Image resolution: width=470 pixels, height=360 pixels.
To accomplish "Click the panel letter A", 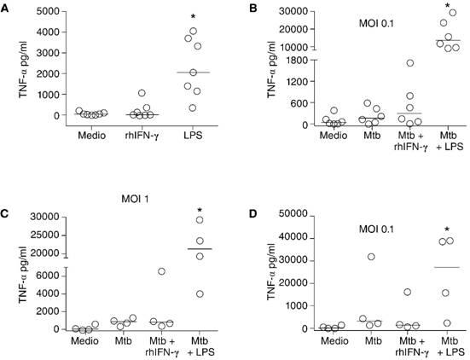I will (x=8, y=8).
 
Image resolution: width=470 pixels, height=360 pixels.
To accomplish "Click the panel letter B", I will (x=244, y=8).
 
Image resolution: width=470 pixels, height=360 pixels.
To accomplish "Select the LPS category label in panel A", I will (x=195, y=134).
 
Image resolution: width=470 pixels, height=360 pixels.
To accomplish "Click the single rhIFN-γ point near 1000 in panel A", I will (x=142, y=93).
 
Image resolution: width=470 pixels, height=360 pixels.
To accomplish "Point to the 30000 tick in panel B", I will (x=287, y=11).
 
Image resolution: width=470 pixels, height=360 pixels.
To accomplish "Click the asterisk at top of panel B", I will (x=446, y=6).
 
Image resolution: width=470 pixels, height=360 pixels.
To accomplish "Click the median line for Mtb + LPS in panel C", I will (x=200, y=249).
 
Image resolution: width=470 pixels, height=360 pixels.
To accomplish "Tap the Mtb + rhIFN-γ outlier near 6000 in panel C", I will (x=160, y=271).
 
